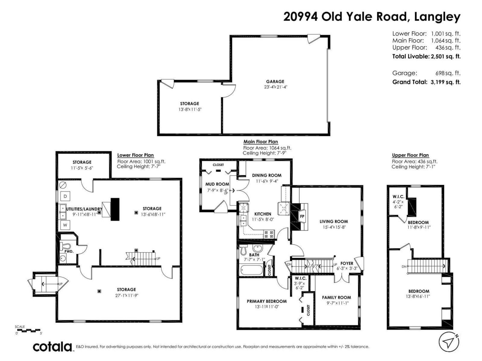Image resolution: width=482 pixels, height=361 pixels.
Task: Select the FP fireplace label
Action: [x=302, y=217]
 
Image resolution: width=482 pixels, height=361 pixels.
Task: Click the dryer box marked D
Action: [x=65, y=196]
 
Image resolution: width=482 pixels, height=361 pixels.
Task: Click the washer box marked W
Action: [x=65, y=225]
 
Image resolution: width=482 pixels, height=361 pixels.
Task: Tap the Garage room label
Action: [x=275, y=82]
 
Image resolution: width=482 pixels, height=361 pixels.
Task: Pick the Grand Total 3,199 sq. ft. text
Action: [x=426, y=82]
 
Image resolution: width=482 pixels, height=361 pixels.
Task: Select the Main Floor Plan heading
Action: [x=261, y=142]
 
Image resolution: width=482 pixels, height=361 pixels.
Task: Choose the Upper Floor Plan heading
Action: [x=410, y=155]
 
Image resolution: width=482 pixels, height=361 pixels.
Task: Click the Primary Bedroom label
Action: [x=267, y=301]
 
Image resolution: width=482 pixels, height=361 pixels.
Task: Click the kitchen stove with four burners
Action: [x=269, y=234]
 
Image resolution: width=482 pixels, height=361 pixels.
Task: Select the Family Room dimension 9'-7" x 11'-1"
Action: [x=336, y=303]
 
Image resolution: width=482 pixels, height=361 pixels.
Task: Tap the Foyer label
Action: [x=346, y=263]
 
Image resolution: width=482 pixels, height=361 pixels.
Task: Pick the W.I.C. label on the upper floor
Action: [x=398, y=196]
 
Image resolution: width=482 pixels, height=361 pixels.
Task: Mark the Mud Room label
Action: [x=217, y=184]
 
